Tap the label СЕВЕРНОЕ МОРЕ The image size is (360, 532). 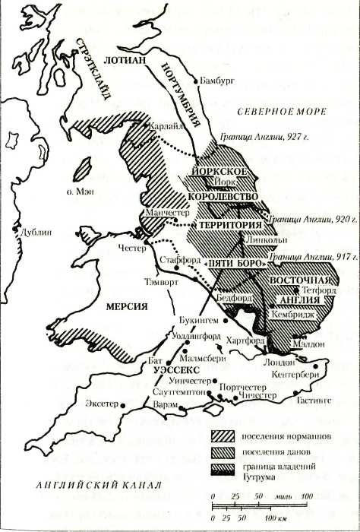281,111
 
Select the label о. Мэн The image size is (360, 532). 79,193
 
